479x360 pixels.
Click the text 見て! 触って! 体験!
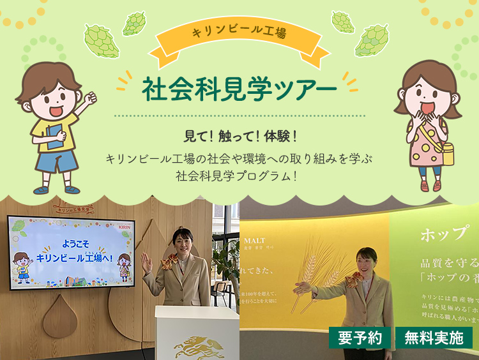pyautogui.click(x=239, y=136)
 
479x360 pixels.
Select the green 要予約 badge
pyautogui.click(x=360, y=338)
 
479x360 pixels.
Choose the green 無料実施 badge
pyautogui.click(x=434, y=338)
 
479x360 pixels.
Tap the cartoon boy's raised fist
pyautogui.click(x=90, y=98)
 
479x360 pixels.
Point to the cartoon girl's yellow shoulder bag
pyautogui.click(x=445, y=153)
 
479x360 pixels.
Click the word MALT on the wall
pyautogui.click(x=254, y=241)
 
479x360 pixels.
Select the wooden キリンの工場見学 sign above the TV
pyautogui.click(x=73, y=208)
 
